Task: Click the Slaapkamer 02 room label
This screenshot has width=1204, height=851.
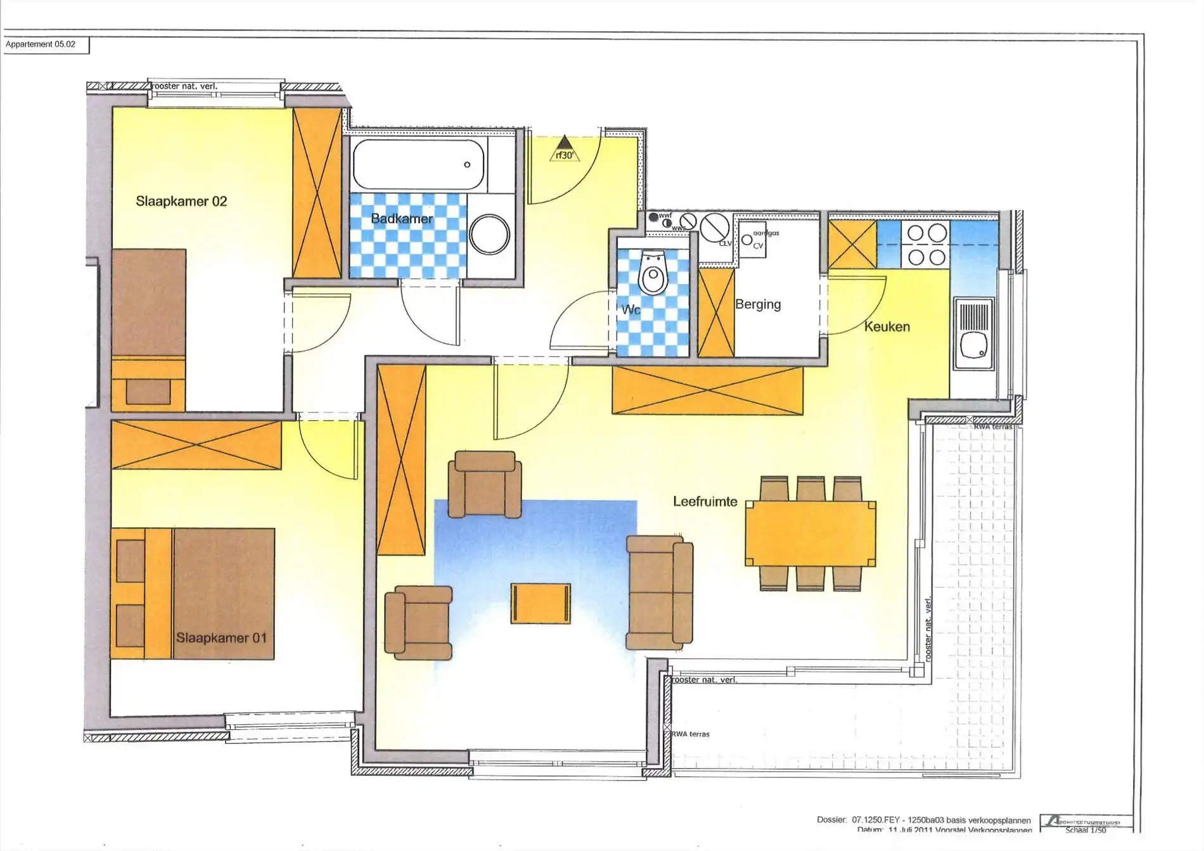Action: click(x=181, y=202)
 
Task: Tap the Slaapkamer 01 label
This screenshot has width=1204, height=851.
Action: click(x=221, y=637)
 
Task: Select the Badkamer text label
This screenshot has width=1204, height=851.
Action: click(x=402, y=219)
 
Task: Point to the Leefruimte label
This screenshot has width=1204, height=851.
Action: click(x=705, y=502)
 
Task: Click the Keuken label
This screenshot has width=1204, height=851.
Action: click(x=887, y=327)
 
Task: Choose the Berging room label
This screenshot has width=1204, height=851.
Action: click(x=758, y=304)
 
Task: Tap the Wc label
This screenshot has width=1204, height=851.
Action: click(x=631, y=310)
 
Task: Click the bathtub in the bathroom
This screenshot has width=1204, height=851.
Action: click(x=418, y=164)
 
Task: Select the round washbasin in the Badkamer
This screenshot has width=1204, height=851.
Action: click(x=489, y=234)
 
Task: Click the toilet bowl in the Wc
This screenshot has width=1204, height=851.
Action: click(x=653, y=272)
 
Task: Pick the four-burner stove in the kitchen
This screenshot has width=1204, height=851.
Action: click(x=926, y=245)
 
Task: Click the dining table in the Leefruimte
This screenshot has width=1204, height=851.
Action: click(x=810, y=533)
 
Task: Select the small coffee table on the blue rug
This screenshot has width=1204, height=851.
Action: click(x=541, y=603)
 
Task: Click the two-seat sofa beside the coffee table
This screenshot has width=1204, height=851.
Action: click(x=659, y=592)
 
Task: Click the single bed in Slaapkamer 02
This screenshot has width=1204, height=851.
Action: click(x=148, y=330)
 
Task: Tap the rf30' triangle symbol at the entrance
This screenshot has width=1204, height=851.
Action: click(x=564, y=149)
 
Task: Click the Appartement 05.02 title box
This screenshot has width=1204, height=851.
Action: click(x=46, y=44)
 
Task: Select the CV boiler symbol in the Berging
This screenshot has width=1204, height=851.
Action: click(x=753, y=241)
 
